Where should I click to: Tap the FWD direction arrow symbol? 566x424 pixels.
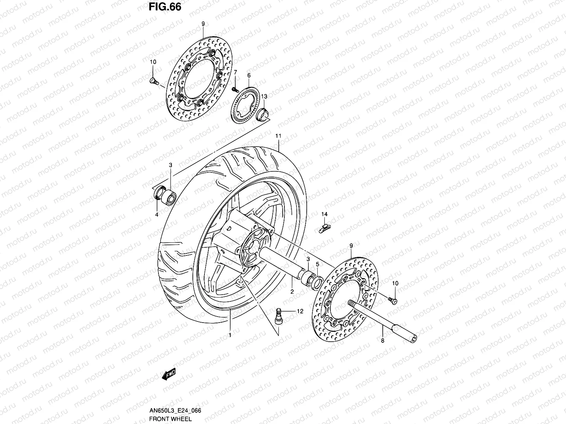coord(169,375)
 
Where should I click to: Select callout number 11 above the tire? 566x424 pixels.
coord(278,136)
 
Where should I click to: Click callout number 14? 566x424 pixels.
coord(324,214)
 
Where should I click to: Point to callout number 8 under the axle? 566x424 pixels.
coord(382,341)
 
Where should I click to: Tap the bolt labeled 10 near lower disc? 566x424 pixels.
coord(393,300)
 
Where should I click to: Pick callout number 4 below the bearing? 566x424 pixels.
coord(157,214)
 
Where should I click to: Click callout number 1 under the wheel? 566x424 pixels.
coord(230,335)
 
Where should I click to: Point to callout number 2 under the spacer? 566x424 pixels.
coord(292,292)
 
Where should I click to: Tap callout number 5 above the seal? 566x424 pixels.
coord(317,264)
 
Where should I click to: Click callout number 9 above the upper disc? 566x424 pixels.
coord(203,24)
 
